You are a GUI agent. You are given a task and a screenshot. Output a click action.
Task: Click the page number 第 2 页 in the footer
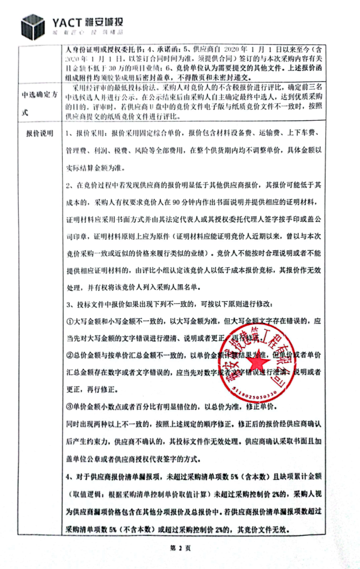pyautogui.click(x=179, y=547)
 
